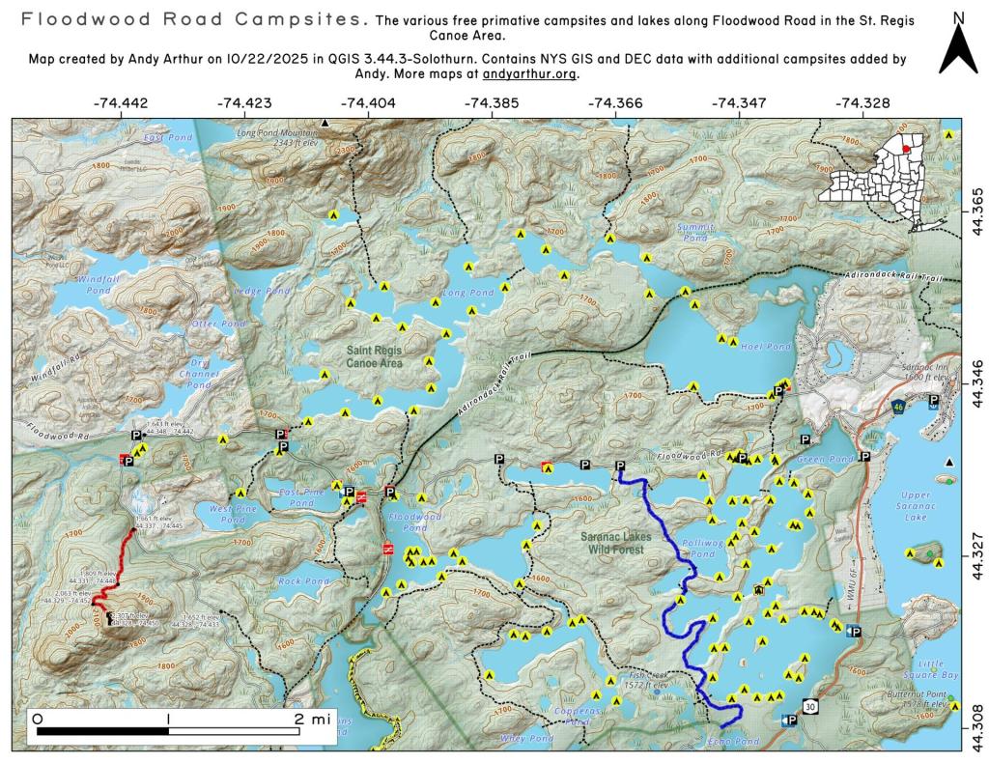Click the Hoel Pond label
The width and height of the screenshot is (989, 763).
pyautogui.click(x=752, y=346)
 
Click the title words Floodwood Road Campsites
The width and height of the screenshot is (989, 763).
pyautogui.click(x=193, y=19)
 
